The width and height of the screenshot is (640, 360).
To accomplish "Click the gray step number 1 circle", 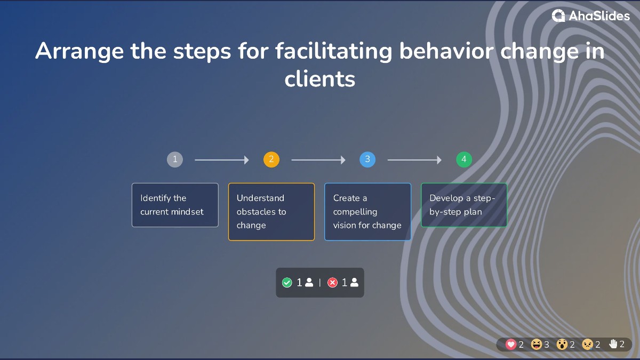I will tap(175, 159).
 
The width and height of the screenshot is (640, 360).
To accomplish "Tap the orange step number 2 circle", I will tap(271, 159).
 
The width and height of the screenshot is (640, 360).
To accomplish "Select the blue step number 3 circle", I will tap(367, 159).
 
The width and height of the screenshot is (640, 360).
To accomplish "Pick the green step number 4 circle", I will tap(464, 159).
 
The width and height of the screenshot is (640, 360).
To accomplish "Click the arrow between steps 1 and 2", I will tap(222, 160).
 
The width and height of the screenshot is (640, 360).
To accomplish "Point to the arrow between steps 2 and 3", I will tap(318, 160).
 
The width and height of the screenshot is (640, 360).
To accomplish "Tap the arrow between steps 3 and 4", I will tap(414, 160).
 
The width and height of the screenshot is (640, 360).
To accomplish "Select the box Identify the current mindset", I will tap(175, 205).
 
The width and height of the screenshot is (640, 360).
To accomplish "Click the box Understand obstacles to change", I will tap(271, 212).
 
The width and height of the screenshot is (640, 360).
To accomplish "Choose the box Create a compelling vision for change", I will tap(367, 212).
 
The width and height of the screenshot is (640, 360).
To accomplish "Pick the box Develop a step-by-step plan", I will tap(464, 205).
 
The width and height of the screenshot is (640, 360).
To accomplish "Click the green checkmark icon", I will tap(287, 283).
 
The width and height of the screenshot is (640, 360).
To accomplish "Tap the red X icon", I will tap(332, 283).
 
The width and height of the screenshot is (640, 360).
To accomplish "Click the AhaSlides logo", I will tap(591, 16).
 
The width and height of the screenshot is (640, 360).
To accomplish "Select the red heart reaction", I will tap(511, 345).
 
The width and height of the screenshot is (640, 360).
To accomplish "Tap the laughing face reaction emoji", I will tap(537, 345).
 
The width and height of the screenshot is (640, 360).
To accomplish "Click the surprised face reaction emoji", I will tap(562, 345).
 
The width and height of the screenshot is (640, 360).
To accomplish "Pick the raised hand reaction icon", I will tap(613, 344).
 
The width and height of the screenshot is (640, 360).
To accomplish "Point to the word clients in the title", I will tap(320, 79).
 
